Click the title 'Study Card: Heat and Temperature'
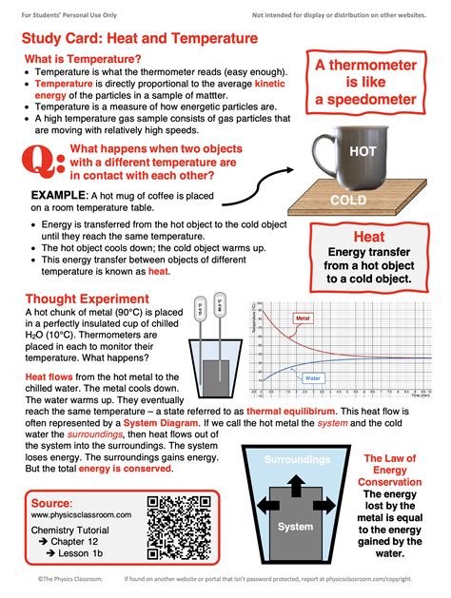140,39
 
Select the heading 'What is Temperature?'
83,60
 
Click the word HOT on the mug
363,151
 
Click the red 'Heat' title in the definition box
368,237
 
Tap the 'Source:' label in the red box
51,502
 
